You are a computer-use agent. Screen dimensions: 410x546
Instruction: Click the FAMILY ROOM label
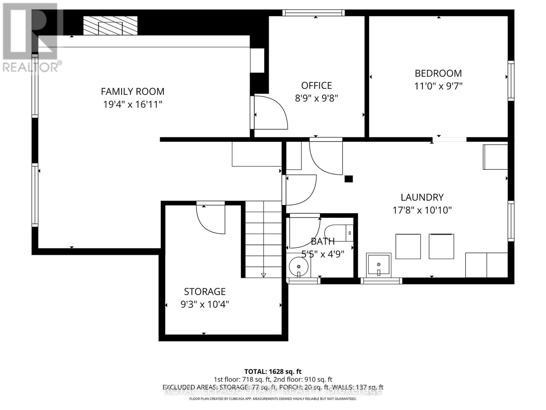point(132,92)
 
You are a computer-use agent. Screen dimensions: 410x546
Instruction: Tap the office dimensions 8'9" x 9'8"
point(316,98)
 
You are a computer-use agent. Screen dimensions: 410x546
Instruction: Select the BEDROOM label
point(438,73)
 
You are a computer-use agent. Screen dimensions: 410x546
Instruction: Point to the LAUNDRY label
point(422,197)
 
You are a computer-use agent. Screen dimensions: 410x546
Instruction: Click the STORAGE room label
point(205,291)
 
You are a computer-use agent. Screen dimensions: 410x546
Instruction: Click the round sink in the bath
point(299,266)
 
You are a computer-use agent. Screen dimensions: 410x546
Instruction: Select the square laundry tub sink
point(378,264)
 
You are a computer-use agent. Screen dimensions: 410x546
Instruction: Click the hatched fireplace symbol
point(110,26)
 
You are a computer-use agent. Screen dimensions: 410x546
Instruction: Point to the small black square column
point(348,179)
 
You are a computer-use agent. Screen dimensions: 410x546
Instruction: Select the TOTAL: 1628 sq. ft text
point(273,371)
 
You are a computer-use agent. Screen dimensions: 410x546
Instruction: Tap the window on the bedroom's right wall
point(511,80)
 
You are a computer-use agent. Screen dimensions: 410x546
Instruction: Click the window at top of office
point(313,13)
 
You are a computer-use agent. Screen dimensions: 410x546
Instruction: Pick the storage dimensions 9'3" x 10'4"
point(205,304)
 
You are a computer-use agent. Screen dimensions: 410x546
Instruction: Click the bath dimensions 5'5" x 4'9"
point(322,254)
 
